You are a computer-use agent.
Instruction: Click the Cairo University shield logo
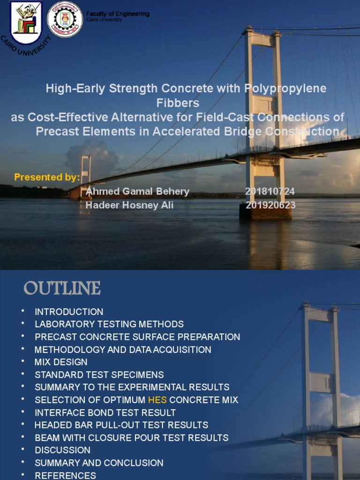tap(26, 22)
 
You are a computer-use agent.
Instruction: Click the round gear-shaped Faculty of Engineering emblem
tap(65, 19)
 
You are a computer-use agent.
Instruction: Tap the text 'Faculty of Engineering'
tap(118, 14)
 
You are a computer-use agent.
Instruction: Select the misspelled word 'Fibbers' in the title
tap(178, 103)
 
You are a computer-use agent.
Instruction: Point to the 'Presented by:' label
tap(47, 177)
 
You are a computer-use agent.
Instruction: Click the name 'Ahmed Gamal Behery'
tap(137, 191)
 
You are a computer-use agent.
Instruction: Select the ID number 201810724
tap(270, 191)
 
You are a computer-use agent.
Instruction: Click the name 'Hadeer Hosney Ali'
tap(129, 205)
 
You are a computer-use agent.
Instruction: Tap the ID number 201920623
tap(270, 205)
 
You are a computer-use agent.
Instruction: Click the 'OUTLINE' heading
tap(62, 288)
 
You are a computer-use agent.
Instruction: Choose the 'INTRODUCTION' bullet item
tap(69, 312)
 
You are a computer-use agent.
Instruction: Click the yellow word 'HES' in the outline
tap(157, 400)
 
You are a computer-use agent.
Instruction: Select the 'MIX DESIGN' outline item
tap(61, 362)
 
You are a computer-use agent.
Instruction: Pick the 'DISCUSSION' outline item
tap(62, 450)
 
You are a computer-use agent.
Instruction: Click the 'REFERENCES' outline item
tap(65, 475)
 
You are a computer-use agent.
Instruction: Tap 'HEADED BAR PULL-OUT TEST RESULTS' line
tap(121, 425)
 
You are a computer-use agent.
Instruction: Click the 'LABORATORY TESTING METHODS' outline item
tap(109, 324)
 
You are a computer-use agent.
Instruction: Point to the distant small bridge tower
tap(85, 171)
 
